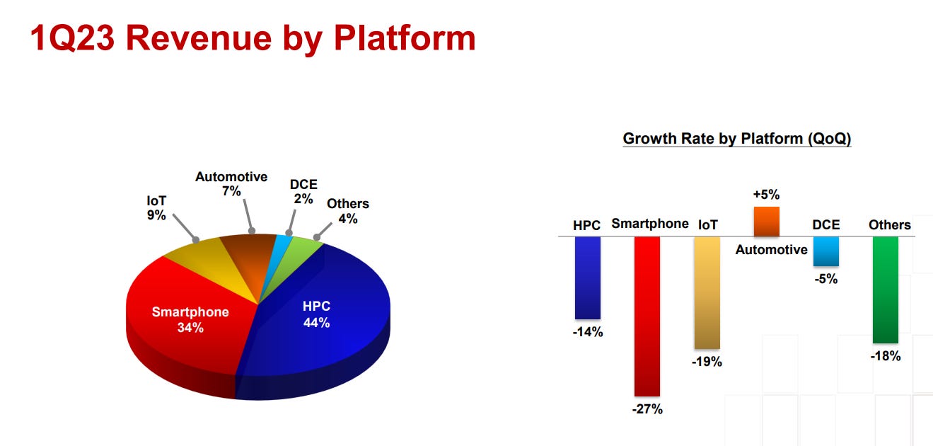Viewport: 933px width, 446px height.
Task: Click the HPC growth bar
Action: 588,278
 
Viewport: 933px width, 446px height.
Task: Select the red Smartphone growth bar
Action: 647,316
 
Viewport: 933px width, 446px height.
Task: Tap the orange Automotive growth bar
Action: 766,222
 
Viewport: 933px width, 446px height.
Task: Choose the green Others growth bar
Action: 886,290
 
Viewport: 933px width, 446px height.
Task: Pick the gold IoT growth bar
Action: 707,292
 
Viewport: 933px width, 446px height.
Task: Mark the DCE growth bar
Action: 825,251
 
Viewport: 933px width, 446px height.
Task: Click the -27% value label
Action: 647,409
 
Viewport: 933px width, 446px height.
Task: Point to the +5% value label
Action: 766,195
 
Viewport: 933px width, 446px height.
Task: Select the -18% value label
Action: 886,356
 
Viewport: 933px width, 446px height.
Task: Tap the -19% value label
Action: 707,362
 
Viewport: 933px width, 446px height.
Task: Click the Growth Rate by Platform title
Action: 736,139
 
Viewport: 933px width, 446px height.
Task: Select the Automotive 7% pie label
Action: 231,184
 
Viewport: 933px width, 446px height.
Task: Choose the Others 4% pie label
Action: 347,211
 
